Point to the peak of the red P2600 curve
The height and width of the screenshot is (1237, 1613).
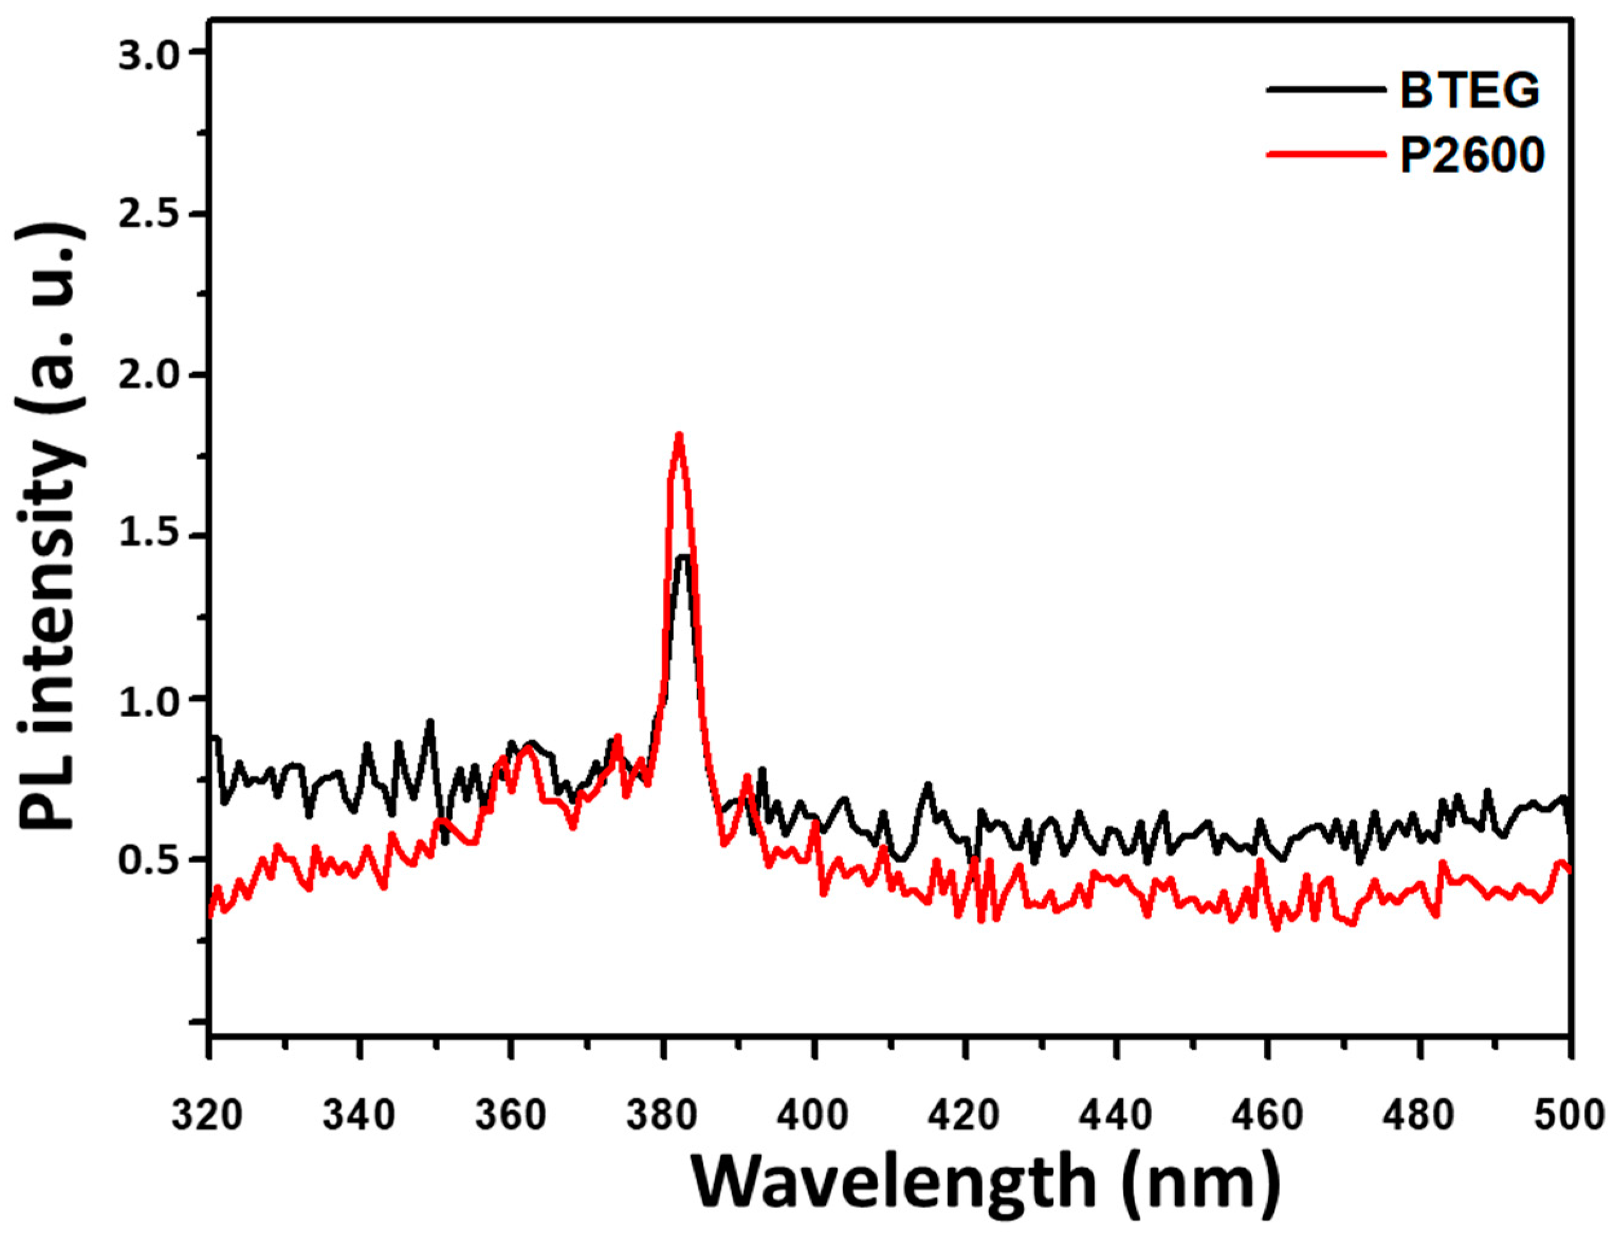[678, 435]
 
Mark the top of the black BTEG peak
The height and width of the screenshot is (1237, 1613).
[684, 557]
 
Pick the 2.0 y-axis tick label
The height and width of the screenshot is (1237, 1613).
[151, 376]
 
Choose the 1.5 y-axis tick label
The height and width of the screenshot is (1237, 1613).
[151, 537]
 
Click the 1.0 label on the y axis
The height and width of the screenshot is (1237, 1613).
[151, 699]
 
